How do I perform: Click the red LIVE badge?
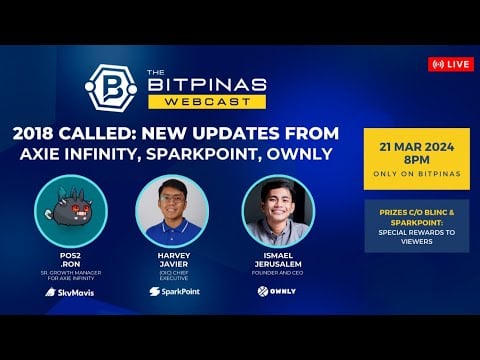(x=450, y=64)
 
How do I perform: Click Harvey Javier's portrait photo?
(x=171, y=211)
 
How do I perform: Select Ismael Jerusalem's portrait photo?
(x=278, y=211)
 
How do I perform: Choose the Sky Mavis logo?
(x=70, y=292)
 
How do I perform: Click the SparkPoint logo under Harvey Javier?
(x=171, y=292)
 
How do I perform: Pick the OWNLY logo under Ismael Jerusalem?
(x=277, y=291)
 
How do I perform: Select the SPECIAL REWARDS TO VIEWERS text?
(x=416, y=236)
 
